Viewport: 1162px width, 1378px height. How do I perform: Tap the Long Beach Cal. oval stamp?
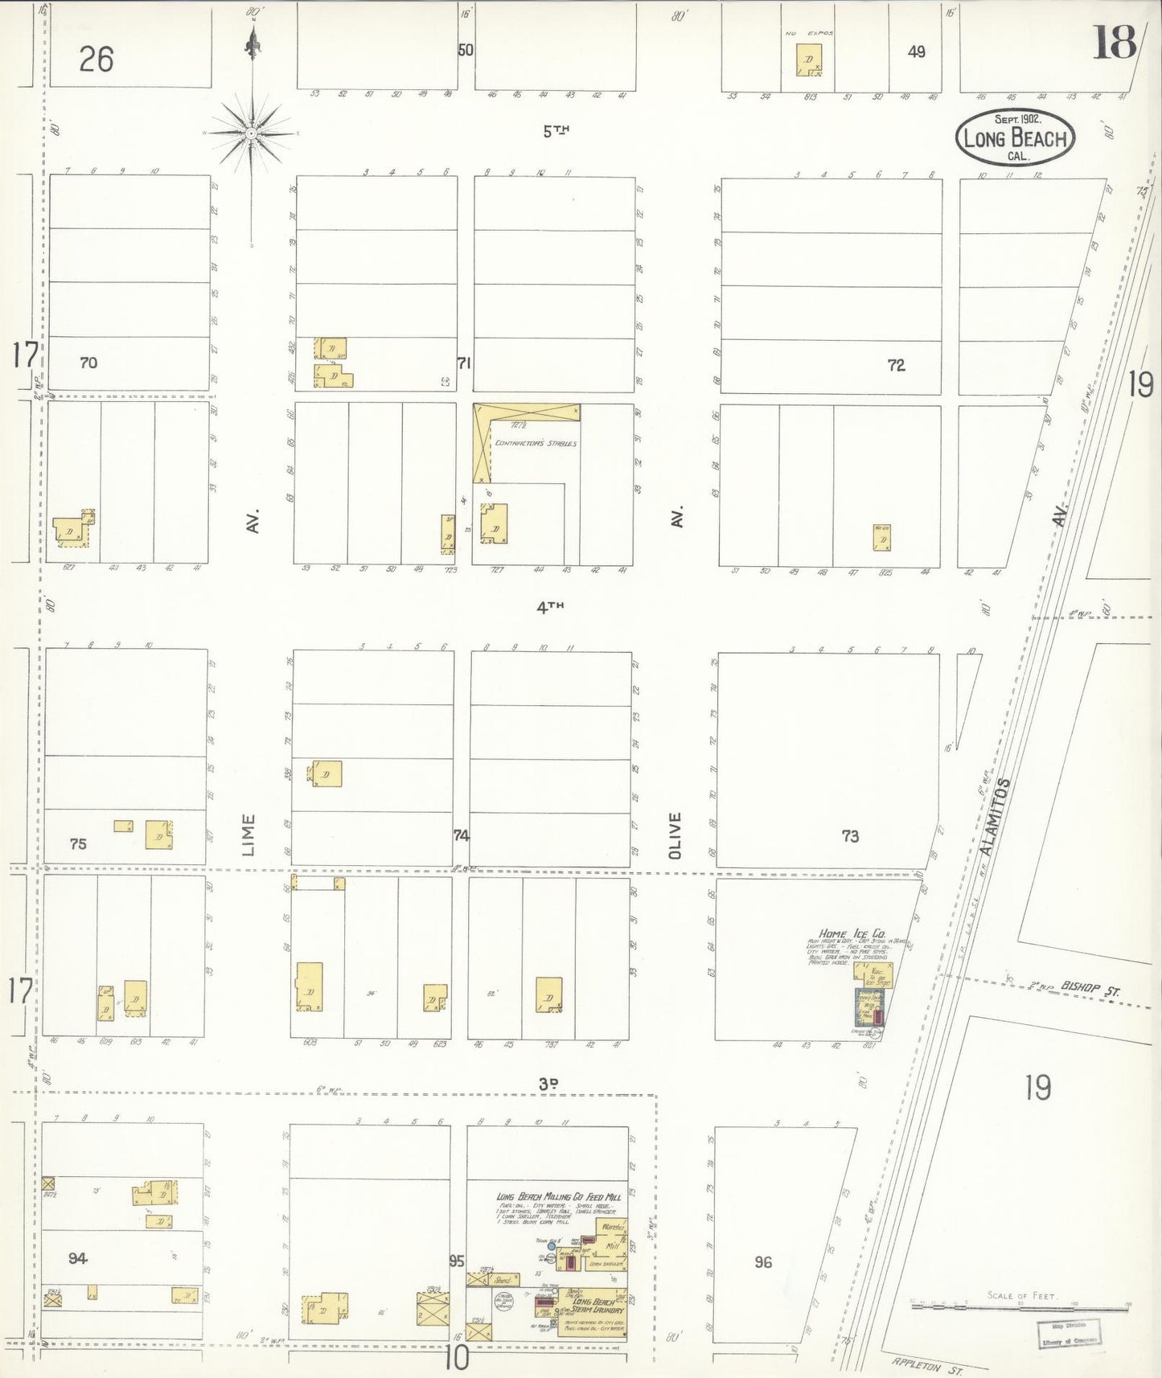(x=1016, y=137)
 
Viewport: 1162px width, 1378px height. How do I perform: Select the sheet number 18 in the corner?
(x=1114, y=42)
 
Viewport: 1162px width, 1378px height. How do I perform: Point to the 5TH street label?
(x=551, y=131)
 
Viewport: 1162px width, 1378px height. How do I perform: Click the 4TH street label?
(x=551, y=608)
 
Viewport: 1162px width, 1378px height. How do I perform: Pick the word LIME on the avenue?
(x=248, y=835)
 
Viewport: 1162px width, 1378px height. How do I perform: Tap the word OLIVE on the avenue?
(x=675, y=835)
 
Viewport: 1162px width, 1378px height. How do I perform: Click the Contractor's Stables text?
(x=536, y=443)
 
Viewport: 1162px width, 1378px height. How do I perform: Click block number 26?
(x=96, y=59)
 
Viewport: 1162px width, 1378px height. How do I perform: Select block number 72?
(x=896, y=365)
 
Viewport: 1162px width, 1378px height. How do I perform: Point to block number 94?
(x=77, y=1258)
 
